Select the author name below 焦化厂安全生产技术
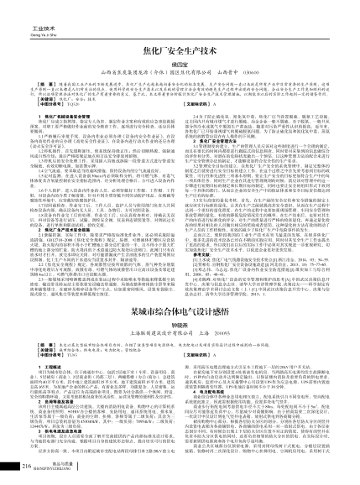pos(180,64)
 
